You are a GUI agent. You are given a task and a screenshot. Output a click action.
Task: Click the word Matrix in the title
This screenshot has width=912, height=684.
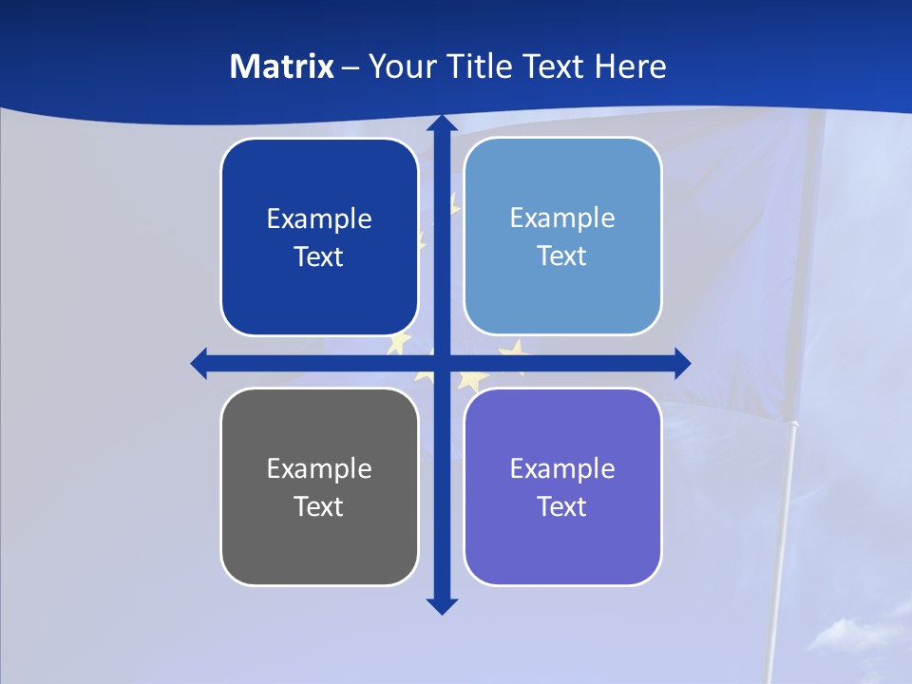point(281,66)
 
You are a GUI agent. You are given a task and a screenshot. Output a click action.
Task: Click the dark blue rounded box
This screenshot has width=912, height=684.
point(319,237)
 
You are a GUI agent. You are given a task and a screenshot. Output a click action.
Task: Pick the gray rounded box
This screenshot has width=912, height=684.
point(319,486)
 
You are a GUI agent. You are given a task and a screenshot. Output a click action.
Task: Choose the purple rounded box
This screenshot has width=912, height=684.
point(562,486)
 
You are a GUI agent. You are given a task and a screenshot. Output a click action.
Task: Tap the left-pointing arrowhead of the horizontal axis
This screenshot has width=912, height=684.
point(199,363)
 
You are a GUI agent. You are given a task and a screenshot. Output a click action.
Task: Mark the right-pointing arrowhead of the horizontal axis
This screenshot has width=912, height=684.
point(682,363)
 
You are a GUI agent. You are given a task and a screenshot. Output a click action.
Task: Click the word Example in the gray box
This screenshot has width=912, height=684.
point(319,468)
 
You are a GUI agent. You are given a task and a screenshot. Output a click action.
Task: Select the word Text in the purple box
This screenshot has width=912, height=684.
point(562,506)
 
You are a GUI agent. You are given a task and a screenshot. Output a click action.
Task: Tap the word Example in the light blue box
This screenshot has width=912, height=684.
point(562,218)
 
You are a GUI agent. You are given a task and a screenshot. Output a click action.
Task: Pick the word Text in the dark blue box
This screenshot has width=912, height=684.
point(319,256)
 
